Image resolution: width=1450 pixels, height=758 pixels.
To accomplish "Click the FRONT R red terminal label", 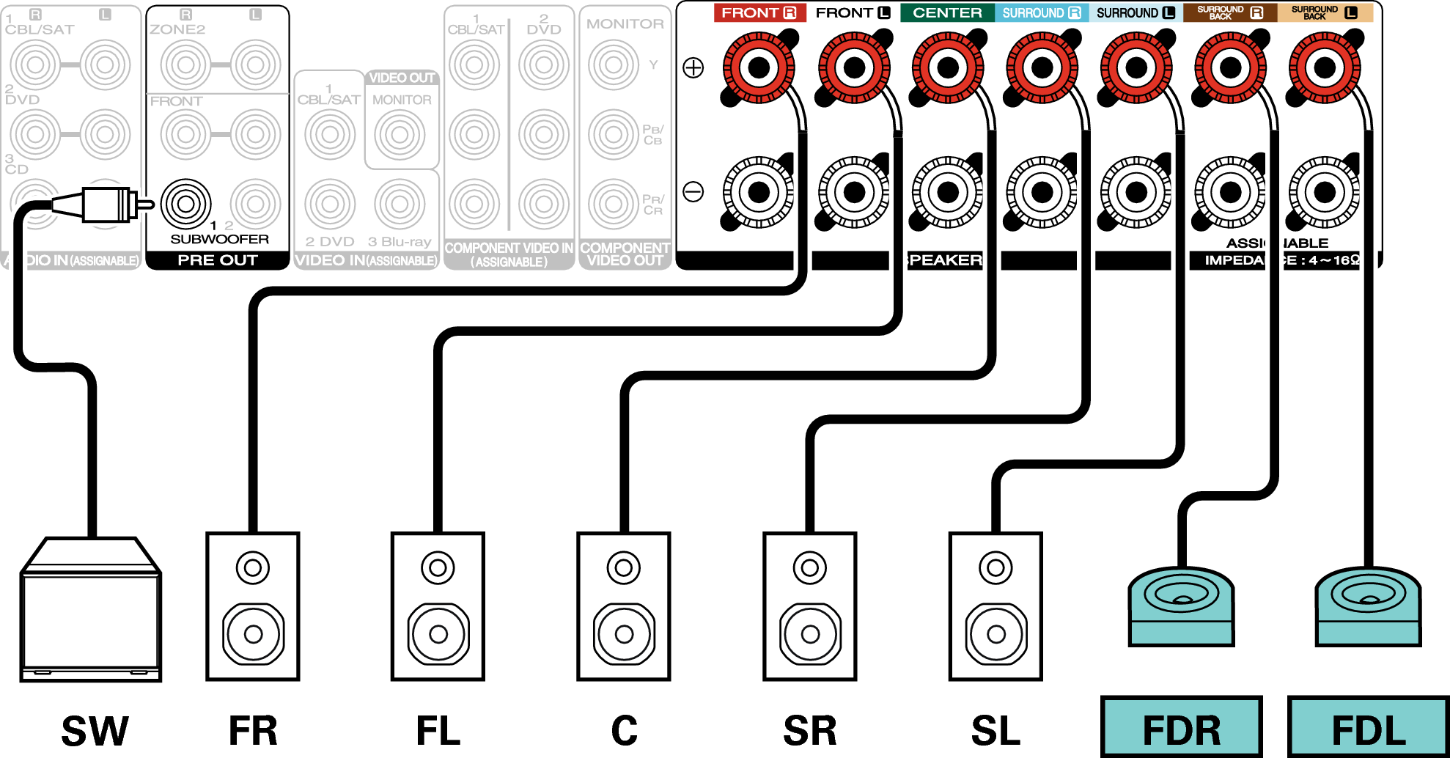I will pyautogui.click(x=759, y=12).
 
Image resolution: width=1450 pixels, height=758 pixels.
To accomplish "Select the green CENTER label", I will pyautogui.click(x=947, y=12).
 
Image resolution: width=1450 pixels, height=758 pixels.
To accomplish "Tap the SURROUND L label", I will pyautogui.click(x=1135, y=12).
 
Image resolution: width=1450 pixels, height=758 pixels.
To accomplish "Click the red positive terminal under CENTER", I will pyautogui.click(x=948, y=68).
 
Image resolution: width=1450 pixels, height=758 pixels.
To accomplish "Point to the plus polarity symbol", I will pyautogui.click(x=693, y=68).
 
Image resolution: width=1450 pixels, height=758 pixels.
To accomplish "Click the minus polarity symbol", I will pyautogui.click(x=693, y=192).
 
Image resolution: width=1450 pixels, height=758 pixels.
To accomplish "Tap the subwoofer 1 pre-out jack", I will pyautogui.click(x=185, y=203).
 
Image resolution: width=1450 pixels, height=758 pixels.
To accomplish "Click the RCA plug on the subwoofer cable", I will pyautogui.click(x=106, y=204).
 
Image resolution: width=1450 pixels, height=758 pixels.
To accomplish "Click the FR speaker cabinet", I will pyautogui.click(x=253, y=607).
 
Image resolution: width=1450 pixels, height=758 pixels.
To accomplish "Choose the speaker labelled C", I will pyautogui.click(x=624, y=607).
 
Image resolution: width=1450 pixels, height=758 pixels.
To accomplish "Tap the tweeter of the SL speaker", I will pyautogui.click(x=996, y=567).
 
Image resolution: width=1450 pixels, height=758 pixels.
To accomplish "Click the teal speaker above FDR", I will pyautogui.click(x=1181, y=606).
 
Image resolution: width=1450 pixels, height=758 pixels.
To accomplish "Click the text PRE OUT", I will pyautogui.click(x=218, y=260).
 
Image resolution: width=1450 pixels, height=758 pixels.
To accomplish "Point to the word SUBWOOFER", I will pyautogui.click(x=219, y=239).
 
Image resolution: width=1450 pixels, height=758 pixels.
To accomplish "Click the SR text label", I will pyautogui.click(x=809, y=731).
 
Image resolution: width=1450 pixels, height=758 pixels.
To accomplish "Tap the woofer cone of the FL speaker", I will pyautogui.click(x=438, y=633).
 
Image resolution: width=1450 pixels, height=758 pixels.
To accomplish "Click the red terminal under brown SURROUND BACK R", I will pyautogui.click(x=1231, y=68).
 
